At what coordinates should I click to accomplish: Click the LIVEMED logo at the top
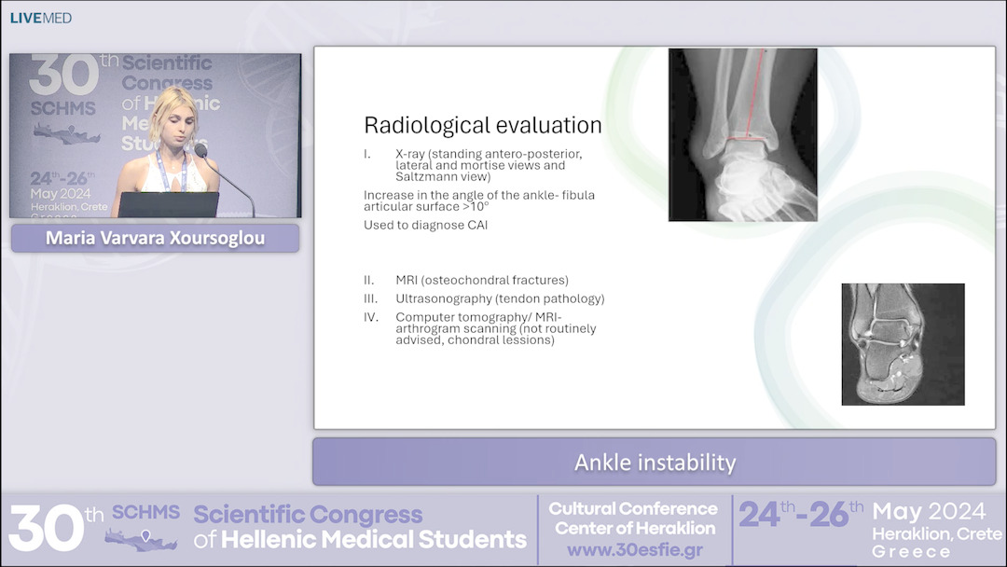click(41, 18)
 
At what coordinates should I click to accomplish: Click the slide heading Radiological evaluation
click(482, 125)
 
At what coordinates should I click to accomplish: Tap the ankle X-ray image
click(742, 135)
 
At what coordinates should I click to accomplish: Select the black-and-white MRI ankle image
click(903, 344)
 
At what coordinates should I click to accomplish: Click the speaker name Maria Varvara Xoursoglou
click(155, 239)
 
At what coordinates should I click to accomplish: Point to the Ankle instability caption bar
click(655, 462)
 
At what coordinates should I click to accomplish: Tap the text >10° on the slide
click(473, 206)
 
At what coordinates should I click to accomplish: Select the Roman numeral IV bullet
click(372, 317)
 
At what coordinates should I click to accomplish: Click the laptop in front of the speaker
click(169, 204)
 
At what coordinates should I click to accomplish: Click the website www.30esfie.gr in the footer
click(634, 550)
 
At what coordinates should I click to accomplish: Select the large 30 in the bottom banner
click(45, 529)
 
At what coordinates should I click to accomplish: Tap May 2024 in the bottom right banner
click(929, 511)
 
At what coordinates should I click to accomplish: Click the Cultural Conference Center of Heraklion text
click(634, 519)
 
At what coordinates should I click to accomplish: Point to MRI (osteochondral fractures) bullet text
click(481, 280)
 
